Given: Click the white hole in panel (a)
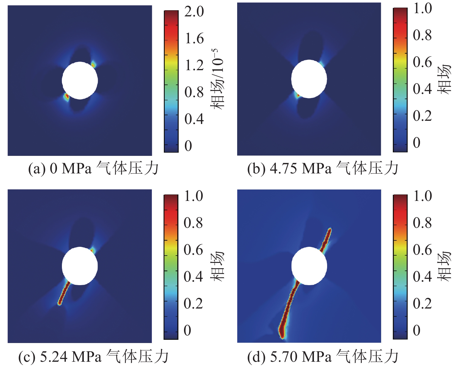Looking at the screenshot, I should tap(80, 80).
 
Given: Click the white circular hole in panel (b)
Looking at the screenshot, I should tap(309, 79).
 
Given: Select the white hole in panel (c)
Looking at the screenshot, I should tap(80, 266).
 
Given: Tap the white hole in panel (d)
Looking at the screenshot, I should tap(309, 266).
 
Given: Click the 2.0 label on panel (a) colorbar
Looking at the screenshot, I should tap(194, 12).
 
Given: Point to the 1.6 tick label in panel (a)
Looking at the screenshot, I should tap(194, 39).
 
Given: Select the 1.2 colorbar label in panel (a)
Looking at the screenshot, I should tap(194, 65).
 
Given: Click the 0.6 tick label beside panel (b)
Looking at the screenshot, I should tap(422, 62).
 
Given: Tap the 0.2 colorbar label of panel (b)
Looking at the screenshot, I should tap(422, 116).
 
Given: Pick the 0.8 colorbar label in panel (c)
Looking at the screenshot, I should tap(193, 223).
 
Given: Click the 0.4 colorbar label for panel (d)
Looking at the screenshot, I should tap(422, 276).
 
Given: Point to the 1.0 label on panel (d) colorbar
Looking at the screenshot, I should tap(422, 196).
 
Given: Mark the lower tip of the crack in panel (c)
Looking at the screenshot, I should tap(60, 304).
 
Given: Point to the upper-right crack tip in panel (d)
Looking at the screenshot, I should tap(330, 230).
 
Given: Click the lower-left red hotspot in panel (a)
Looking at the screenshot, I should tap(67, 96).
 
